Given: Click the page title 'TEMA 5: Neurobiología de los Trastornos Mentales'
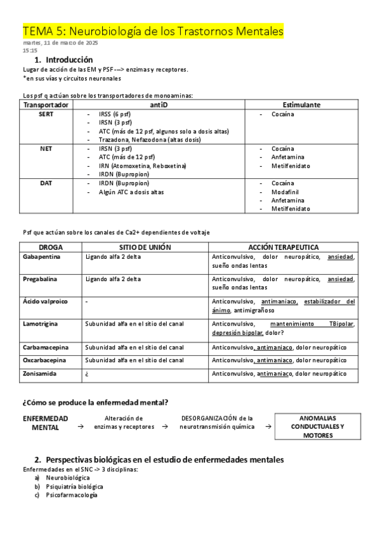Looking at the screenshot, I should coord(153,31).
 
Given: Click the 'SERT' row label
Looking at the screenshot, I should coord(46,114).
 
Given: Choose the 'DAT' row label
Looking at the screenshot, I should coord(46,183).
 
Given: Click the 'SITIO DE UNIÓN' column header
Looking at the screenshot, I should coord(145,247).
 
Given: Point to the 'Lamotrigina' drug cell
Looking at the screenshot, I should coord(40,324).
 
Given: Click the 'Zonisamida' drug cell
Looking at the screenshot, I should coord(39,374).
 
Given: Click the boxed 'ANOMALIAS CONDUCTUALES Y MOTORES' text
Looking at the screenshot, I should coord(317,427).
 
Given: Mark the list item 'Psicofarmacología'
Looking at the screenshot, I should coord(72,495).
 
